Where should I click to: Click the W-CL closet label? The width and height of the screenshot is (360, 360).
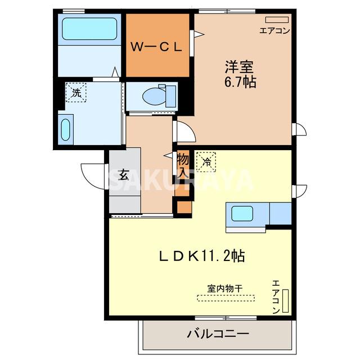157,47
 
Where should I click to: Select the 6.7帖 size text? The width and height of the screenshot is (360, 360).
241,83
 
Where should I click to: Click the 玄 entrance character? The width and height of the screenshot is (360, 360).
124,174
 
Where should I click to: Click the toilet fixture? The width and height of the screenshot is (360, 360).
155,96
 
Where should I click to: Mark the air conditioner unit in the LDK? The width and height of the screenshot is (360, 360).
285,301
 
